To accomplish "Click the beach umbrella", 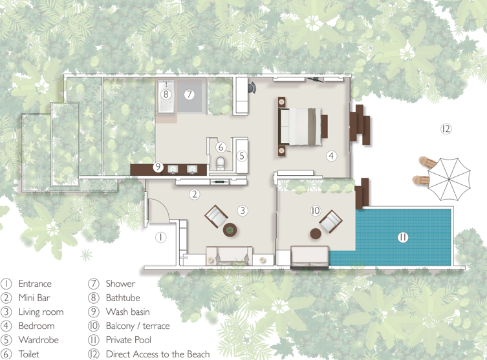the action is (x=449, y=180).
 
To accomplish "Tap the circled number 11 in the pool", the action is (x=403, y=238).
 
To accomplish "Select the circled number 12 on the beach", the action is (x=446, y=129).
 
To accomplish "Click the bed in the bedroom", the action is (x=300, y=126).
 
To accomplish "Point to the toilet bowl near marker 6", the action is (x=220, y=164).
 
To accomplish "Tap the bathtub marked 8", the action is (x=166, y=96).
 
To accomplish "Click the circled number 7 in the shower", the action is (x=189, y=94).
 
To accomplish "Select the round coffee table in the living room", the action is (x=230, y=230).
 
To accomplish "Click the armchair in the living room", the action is (x=216, y=217).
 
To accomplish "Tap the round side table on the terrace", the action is (x=316, y=234).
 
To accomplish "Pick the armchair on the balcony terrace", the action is (x=330, y=221).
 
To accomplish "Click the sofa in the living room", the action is (x=229, y=256).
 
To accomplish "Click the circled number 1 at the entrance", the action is (x=160, y=238).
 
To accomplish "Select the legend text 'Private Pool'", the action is (x=129, y=340).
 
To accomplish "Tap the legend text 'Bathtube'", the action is (x=123, y=298).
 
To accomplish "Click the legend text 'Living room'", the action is (x=41, y=312).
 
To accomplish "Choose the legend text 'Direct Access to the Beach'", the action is (x=158, y=354).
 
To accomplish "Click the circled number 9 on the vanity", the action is (x=158, y=167).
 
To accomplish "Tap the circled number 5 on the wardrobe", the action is (x=242, y=156).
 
